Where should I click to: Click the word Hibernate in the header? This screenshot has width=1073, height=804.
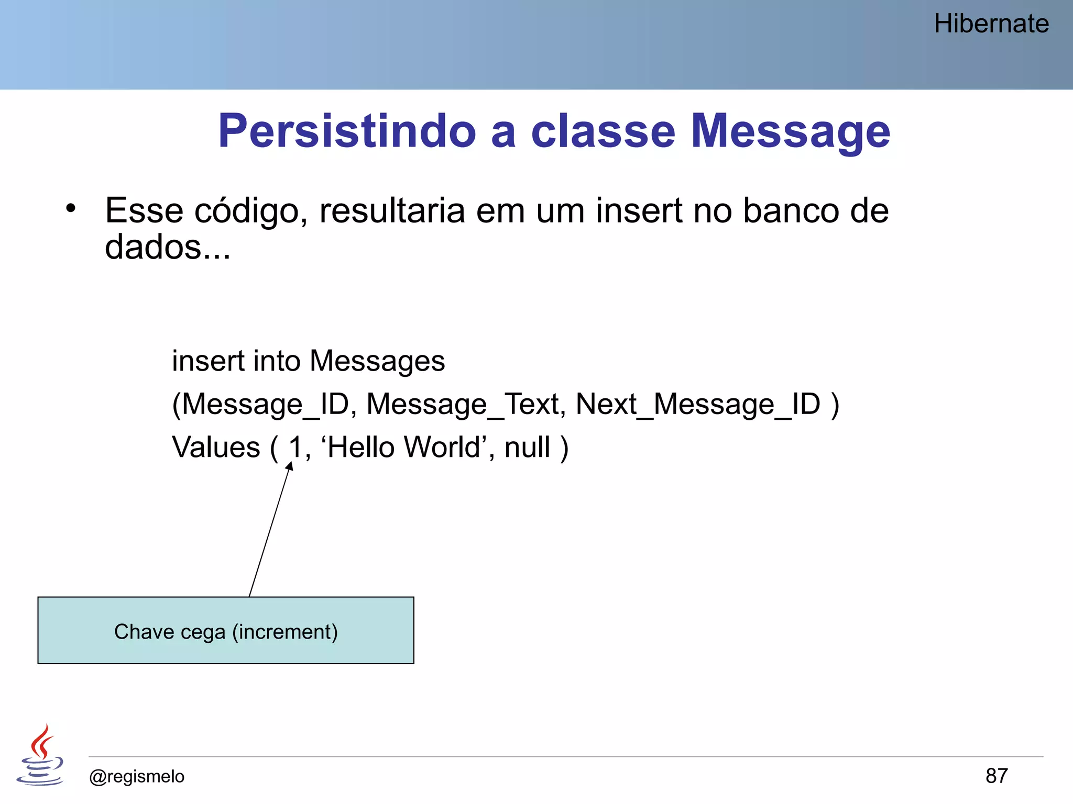[991, 24]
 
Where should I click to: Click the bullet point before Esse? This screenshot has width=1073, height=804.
[71, 209]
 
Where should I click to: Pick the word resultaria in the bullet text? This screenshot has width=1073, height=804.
[392, 211]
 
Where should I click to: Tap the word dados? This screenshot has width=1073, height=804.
[153, 247]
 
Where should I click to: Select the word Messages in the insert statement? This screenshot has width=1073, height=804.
[377, 361]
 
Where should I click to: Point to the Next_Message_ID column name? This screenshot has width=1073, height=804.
[698, 405]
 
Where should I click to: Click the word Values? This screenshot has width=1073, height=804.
[216, 448]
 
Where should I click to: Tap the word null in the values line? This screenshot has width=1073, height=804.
[527, 448]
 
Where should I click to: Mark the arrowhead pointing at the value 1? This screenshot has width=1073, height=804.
[289, 466]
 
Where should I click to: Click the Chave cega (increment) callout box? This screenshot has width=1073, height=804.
[226, 631]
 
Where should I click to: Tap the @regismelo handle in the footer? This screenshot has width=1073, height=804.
[137, 776]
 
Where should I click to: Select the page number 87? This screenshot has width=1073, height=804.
[996, 776]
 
